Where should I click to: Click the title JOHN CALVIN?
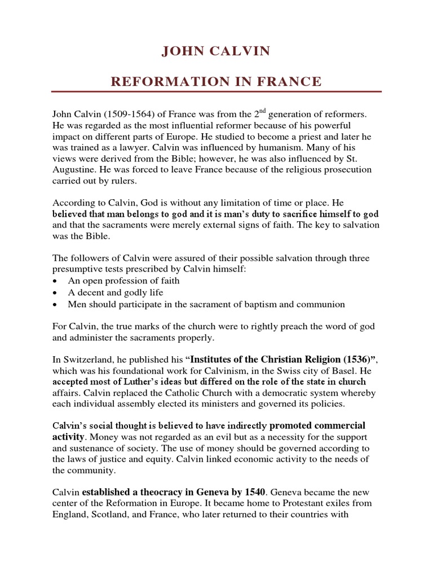click(x=216, y=52)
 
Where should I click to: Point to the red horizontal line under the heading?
click(x=216, y=91)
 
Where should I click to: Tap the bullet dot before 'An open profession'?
click(x=55, y=281)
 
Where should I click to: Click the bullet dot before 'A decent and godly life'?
click(x=55, y=293)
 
